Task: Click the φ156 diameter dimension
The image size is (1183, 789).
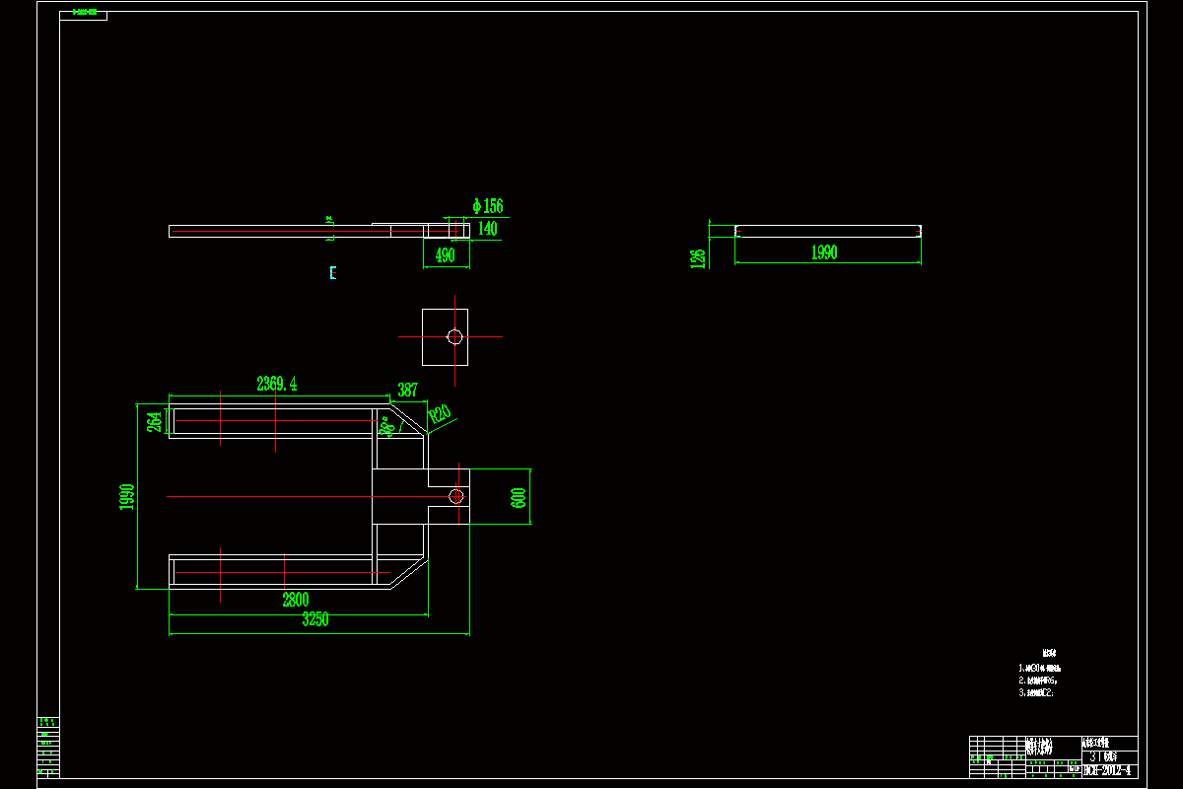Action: [x=488, y=206]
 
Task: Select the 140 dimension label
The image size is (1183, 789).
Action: [x=488, y=229]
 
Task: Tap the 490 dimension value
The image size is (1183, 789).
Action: [x=446, y=254]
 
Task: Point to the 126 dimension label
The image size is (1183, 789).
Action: [x=698, y=257]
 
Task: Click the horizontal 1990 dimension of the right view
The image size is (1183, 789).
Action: [x=824, y=252]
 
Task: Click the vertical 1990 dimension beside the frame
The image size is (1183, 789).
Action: [x=126, y=497]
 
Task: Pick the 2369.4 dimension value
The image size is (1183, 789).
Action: [x=277, y=384]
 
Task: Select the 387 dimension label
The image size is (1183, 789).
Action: [x=407, y=390]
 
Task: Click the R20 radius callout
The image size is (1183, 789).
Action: [x=440, y=414]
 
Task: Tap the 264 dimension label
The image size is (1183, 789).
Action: [x=155, y=421]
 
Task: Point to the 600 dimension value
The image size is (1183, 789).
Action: [x=519, y=497]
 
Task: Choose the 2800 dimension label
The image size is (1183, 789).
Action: [x=296, y=600]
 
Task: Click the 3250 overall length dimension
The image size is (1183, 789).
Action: [x=315, y=619]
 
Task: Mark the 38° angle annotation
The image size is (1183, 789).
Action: [x=385, y=425]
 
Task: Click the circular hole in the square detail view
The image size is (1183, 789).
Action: [x=454, y=337]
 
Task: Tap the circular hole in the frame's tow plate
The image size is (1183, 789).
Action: [x=455, y=496]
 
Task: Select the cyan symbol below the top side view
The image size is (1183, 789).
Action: [x=333, y=272]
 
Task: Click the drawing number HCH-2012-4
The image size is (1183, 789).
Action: [x=1109, y=770]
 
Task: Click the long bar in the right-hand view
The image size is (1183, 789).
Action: [x=828, y=232]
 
